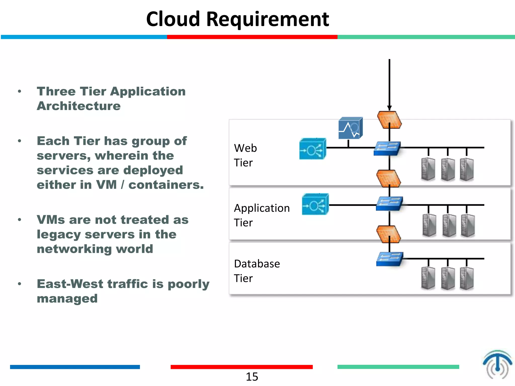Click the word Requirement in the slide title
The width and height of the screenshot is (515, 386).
click(x=267, y=20)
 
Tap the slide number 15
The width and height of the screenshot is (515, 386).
click(x=252, y=377)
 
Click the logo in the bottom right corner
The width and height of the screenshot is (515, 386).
click(x=497, y=365)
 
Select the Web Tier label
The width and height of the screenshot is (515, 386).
click(x=245, y=155)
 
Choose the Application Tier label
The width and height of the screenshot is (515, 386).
click(x=262, y=215)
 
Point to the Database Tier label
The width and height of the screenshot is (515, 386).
click(x=257, y=271)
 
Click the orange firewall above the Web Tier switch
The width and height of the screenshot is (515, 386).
click(x=389, y=120)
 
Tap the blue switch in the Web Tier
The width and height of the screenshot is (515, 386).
click(x=387, y=149)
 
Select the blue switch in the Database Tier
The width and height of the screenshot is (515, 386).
click(x=390, y=259)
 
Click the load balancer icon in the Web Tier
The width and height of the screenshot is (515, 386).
click(x=313, y=149)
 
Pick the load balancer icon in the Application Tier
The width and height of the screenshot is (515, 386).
click(x=315, y=204)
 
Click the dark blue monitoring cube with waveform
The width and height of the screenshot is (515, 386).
click(x=350, y=128)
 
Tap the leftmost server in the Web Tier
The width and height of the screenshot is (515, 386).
click(x=428, y=169)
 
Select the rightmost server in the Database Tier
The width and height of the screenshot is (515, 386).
click(x=467, y=278)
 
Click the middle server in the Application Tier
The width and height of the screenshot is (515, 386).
click(x=449, y=225)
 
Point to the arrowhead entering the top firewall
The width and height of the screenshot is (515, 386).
click(x=389, y=108)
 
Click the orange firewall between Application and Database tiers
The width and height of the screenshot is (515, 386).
click(x=389, y=234)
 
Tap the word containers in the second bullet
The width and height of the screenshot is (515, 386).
click(x=166, y=185)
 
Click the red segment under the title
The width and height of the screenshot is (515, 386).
click(x=252, y=37)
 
